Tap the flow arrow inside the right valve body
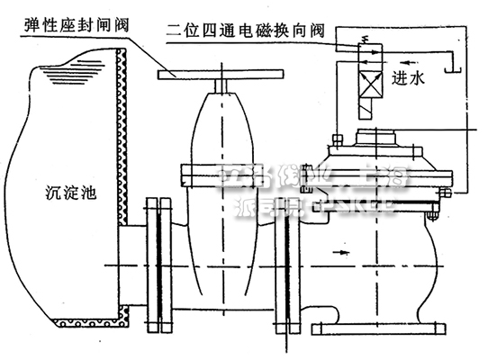click(x=346, y=255)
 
